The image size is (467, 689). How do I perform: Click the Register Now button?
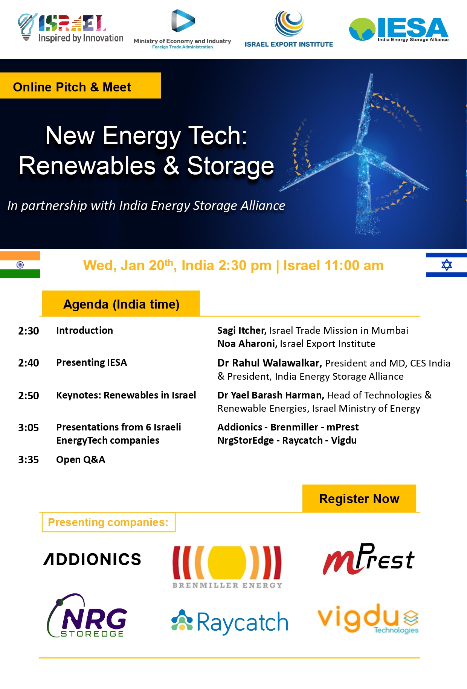click(x=359, y=498)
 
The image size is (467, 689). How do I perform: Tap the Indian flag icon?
click(x=20, y=265)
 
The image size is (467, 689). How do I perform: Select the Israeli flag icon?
click(x=446, y=265)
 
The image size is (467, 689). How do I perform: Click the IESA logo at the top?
click(x=399, y=29)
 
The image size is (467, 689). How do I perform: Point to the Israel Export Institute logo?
click(x=289, y=29)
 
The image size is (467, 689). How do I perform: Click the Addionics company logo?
click(x=92, y=559)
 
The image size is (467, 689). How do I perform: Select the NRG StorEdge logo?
click(x=87, y=616)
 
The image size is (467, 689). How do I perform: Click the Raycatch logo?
click(x=230, y=622)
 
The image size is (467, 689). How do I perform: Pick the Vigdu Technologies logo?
click(x=368, y=619)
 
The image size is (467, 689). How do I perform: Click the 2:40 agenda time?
click(x=29, y=363)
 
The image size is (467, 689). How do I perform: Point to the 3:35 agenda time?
click(x=29, y=459)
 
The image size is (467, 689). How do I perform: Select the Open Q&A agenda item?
click(x=81, y=459)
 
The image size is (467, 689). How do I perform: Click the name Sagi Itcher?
click(x=242, y=330)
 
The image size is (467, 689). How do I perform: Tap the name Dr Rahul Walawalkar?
click(x=269, y=363)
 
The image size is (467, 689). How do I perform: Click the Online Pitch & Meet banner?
click(x=80, y=86)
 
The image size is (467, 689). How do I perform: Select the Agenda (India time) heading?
click(x=121, y=304)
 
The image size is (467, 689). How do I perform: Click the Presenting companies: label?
click(x=108, y=522)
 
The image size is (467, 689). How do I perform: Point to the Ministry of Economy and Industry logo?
click(x=182, y=29)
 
